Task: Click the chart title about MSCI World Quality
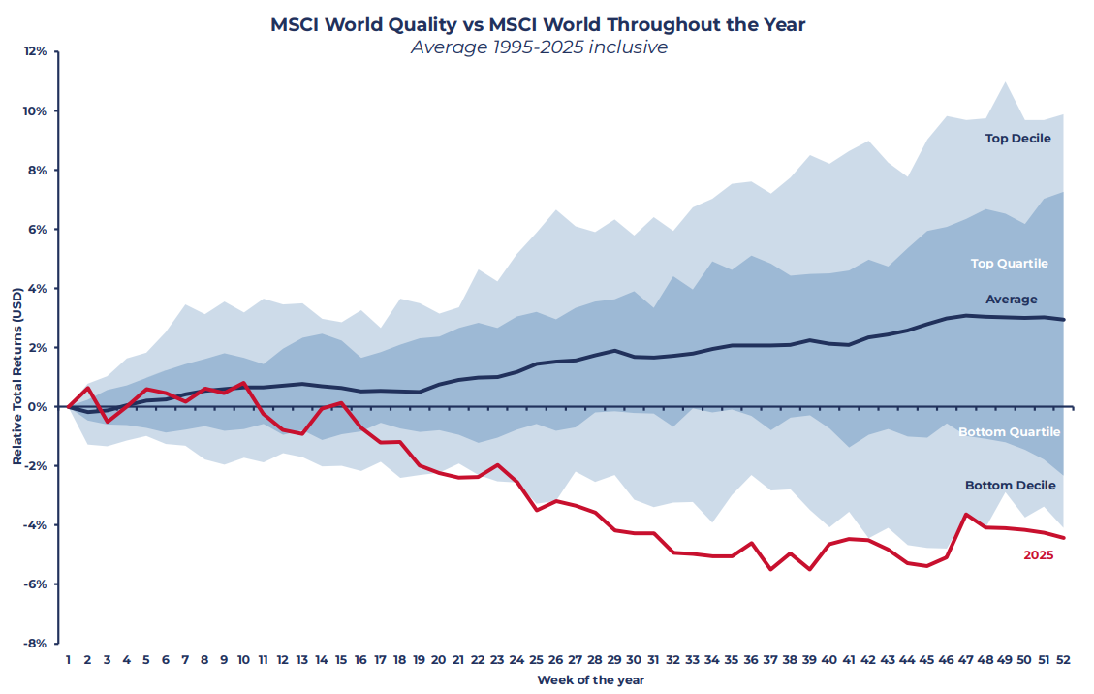click(538, 25)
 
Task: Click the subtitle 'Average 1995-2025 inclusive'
click(538, 47)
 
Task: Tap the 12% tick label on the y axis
click(35, 51)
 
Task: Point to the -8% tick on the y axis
click(35, 643)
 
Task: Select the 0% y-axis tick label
click(37, 406)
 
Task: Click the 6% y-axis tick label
click(37, 229)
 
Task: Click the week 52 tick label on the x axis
click(1064, 659)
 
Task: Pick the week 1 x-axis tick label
click(68, 659)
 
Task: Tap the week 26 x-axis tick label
click(556, 659)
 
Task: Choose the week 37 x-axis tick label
click(771, 659)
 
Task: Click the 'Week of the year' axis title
click(591, 680)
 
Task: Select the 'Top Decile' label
click(1017, 139)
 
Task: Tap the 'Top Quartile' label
click(1009, 264)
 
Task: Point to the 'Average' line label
click(1011, 300)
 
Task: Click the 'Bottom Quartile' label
click(1009, 432)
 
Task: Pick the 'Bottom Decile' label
click(1009, 486)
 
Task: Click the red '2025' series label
click(1038, 555)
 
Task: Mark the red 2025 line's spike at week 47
click(966, 515)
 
